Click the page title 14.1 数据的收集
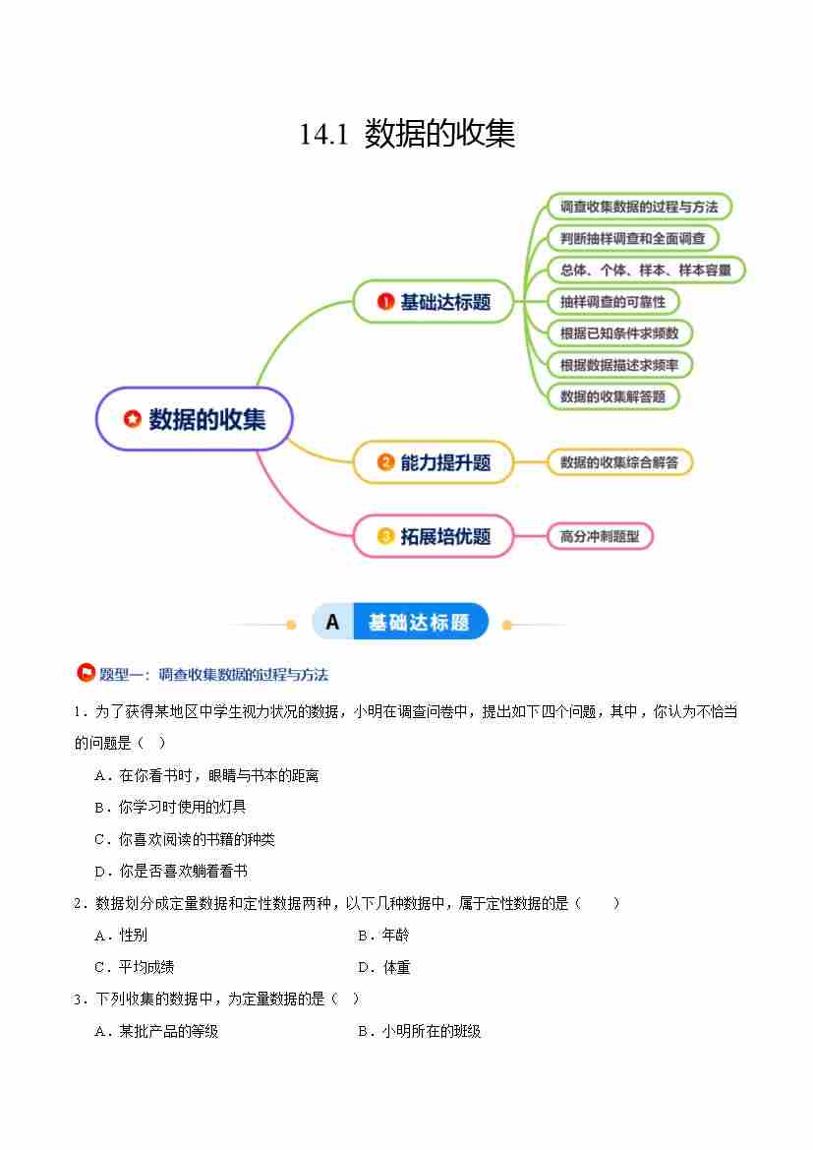(407, 134)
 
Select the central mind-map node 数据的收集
(195, 419)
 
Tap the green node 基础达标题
(434, 301)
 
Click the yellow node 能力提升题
(434, 462)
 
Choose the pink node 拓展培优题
(434, 536)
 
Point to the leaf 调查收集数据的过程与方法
(639, 207)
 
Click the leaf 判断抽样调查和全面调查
(633, 238)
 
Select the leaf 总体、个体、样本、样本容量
(646, 270)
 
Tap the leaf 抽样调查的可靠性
(612, 301)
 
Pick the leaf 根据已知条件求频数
(619, 333)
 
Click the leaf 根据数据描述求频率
(619, 365)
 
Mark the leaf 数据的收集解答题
(612, 396)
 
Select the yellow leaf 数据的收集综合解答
(619, 462)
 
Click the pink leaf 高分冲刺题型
(600, 536)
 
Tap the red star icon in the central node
(132, 419)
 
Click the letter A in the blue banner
(333, 622)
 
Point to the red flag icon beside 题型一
(86, 673)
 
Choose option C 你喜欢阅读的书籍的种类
(185, 839)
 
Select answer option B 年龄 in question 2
(383, 936)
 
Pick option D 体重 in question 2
(383, 967)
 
